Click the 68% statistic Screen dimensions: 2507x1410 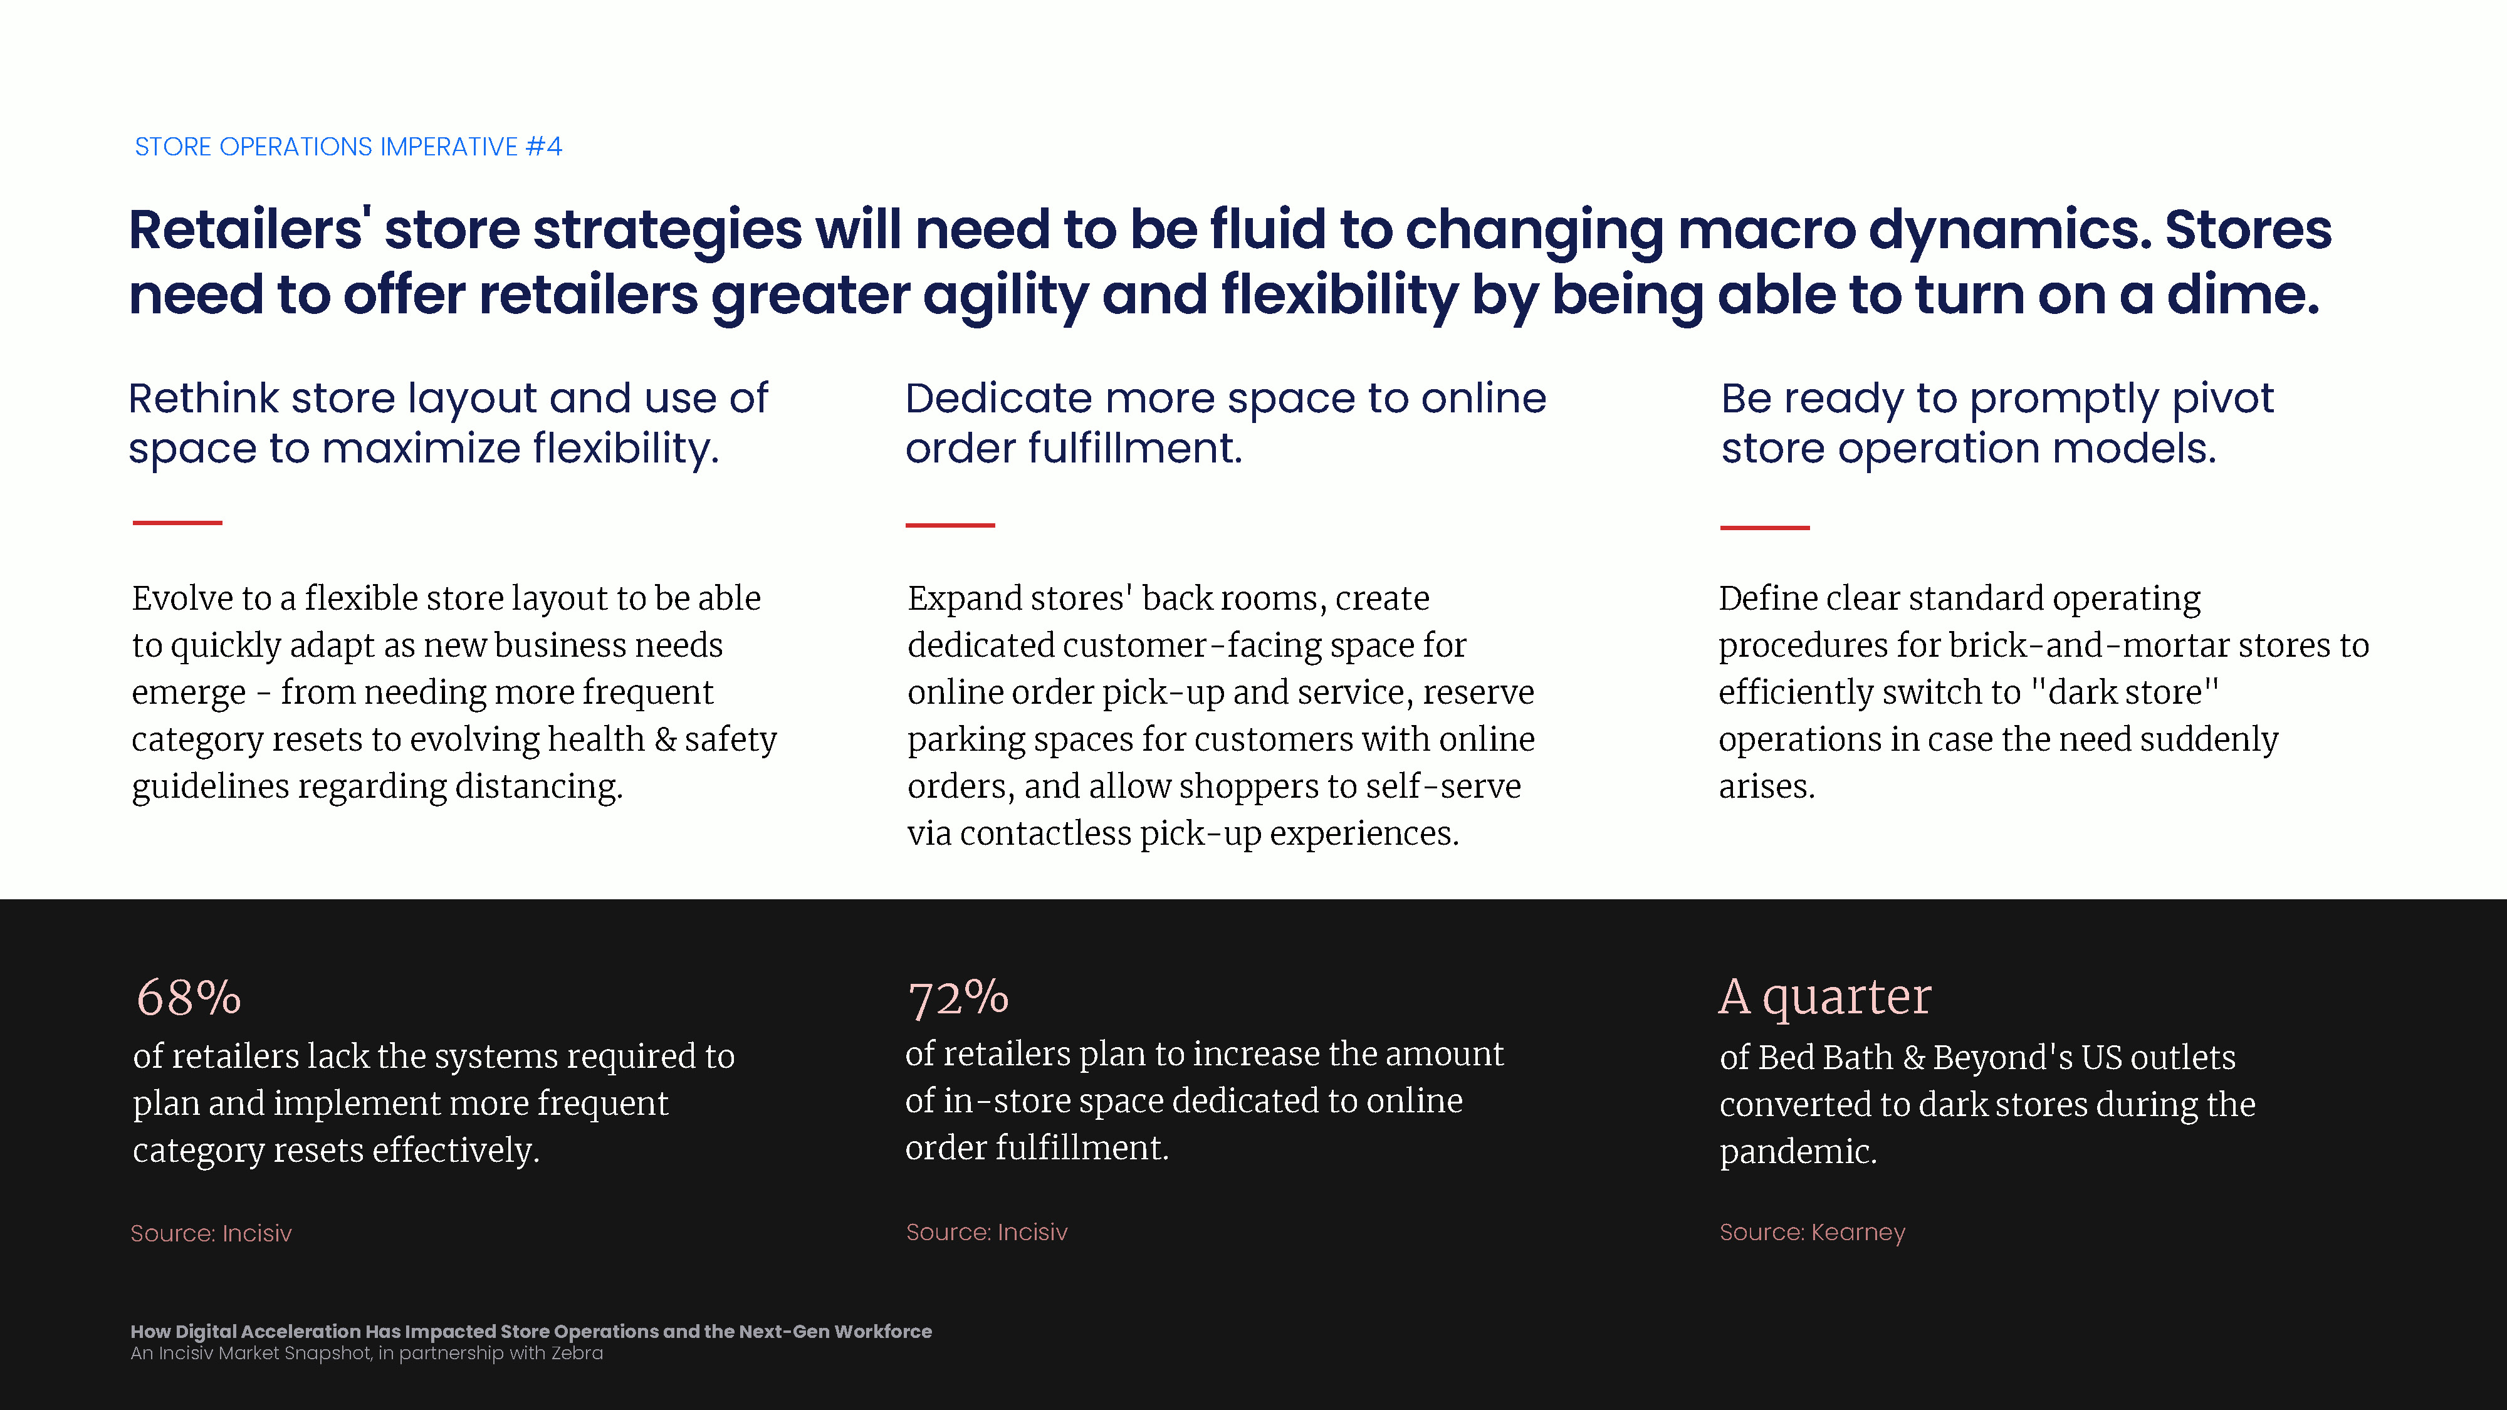188,998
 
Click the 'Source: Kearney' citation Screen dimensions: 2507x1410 1812,1232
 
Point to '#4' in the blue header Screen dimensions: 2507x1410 544,147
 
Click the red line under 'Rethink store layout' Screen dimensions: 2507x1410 177,523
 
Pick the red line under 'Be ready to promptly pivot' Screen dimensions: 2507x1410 1764,528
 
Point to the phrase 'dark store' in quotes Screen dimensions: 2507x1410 2125,692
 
